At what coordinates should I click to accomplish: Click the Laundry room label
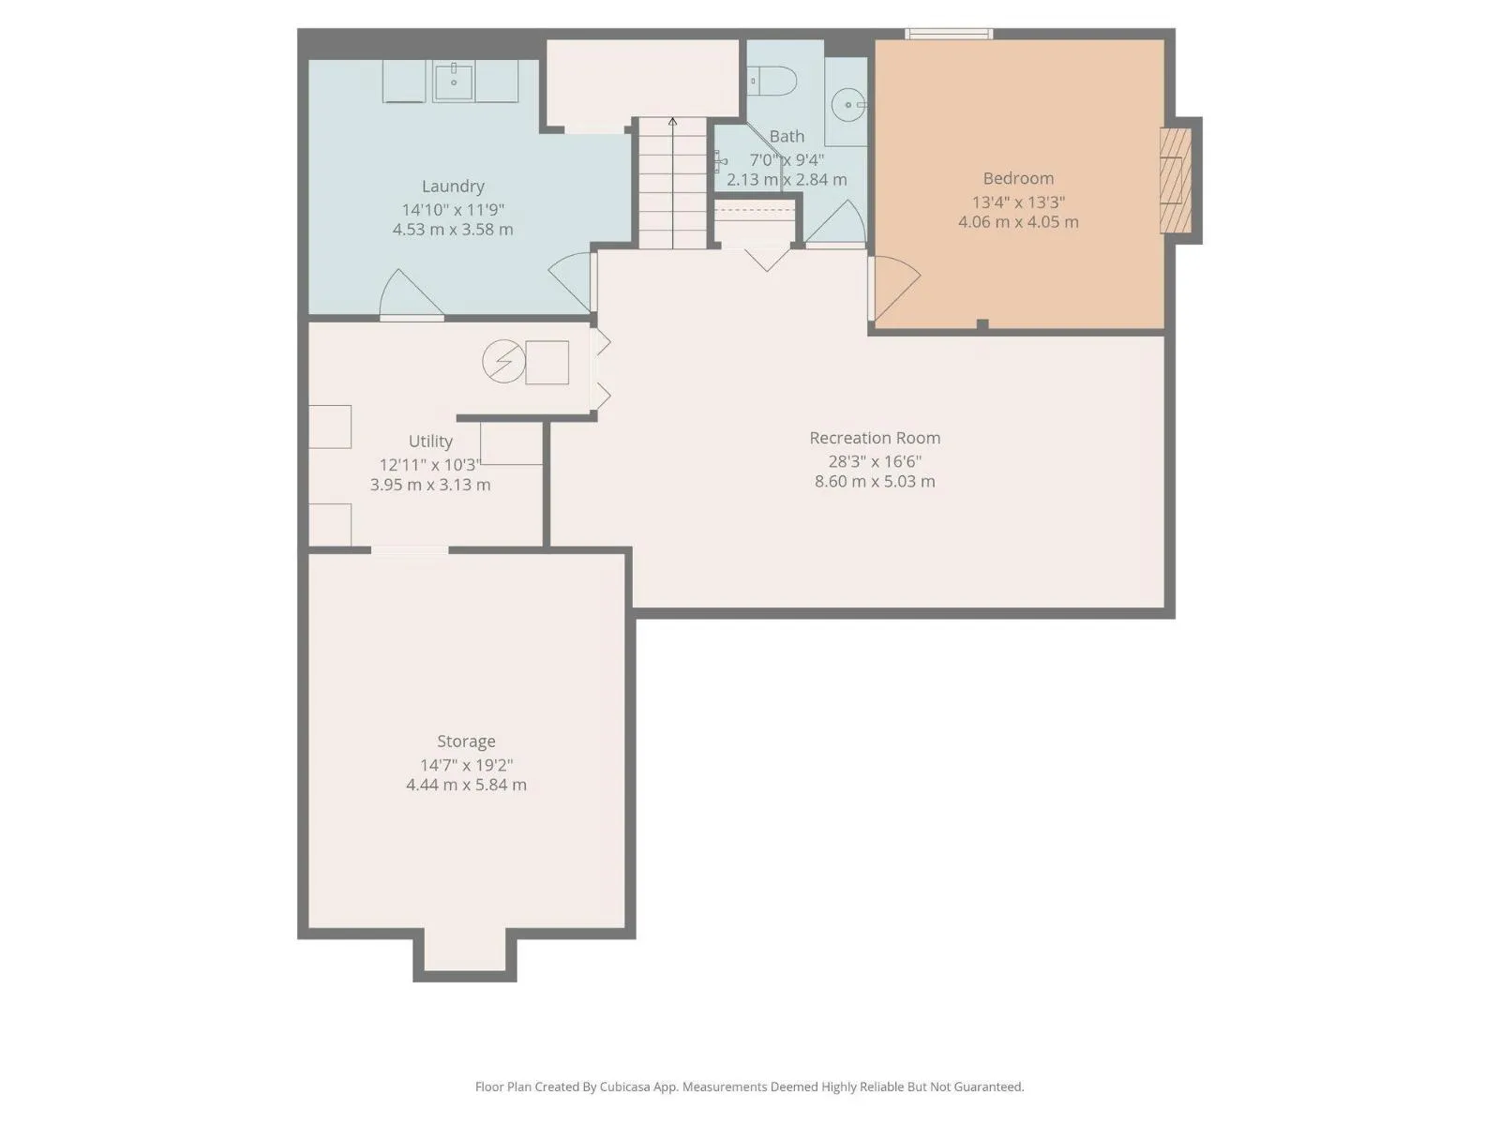tap(453, 186)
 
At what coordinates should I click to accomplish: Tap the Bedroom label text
tap(1017, 178)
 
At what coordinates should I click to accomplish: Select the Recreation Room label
tap(874, 437)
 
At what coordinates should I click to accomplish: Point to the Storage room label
tap(466, 742)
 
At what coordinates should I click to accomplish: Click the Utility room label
tap(429, 442)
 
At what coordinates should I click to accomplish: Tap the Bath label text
tap(787, 136)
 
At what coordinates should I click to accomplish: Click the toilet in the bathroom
tap(772, 81)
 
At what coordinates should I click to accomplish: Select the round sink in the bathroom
tap(847, 105)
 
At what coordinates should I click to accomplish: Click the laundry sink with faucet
tap(454, 82)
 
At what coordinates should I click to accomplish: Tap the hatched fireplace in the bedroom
tap(1176, 180)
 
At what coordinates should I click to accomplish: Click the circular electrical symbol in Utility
tap(503, 361)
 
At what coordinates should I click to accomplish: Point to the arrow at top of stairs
tap(672, 122)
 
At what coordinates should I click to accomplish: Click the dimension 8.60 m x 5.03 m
tap(874, 481)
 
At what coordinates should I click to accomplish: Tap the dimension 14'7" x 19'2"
tap(466, 765)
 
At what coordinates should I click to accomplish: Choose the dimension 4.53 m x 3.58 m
tap(453, 229)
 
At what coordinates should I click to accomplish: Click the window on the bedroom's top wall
tap(949, 34)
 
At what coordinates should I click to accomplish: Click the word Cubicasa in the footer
tap(625, 1086)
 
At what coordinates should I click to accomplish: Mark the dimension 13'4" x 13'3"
tap(1018, 202)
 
